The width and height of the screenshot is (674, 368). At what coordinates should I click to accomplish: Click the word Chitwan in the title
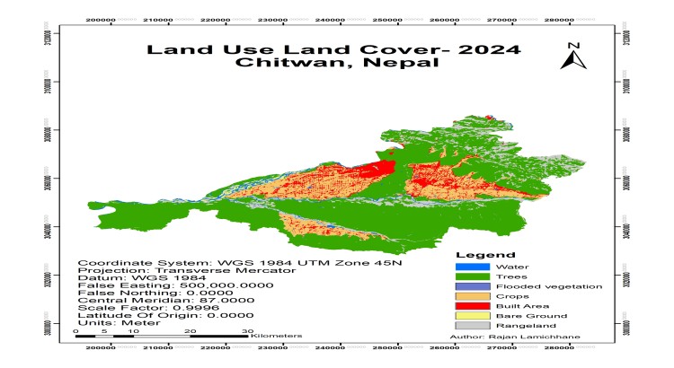(285, 63)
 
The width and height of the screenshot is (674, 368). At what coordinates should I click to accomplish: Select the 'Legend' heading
(485, 255)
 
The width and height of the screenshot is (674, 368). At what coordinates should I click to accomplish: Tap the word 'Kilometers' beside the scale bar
(277, 336)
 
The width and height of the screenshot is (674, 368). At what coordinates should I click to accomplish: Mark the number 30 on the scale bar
(247, 330)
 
